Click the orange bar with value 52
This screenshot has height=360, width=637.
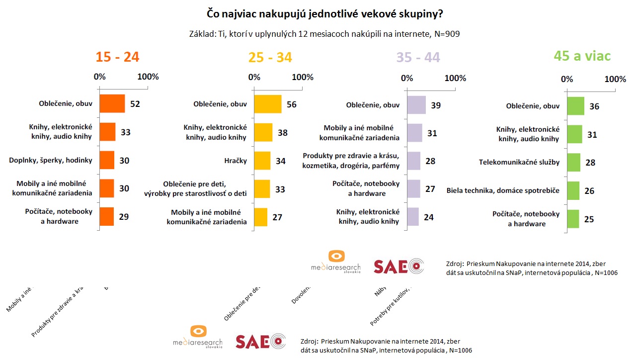tap(112, 104)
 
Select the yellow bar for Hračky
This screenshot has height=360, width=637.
tap(262, 161)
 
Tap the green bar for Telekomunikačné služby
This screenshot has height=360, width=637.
tap(573, 163)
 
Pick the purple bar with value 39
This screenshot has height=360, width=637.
tap(416, 105)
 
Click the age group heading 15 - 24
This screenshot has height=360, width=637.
tap(117, 57)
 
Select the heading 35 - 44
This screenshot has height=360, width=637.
tap(418, 57)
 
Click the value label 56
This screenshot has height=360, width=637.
tap(292, 104)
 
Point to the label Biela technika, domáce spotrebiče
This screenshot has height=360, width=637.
tap(503, 190)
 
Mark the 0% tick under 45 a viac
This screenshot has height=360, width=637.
tap(566, 80)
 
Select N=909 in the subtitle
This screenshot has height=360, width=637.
tap(446, 34)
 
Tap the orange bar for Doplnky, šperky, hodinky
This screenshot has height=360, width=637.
tap(107, 161)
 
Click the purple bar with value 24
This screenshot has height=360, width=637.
tap(413, 217)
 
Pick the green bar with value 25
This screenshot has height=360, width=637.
tap(573, 219)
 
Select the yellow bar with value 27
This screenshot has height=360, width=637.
tap(261, 217)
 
